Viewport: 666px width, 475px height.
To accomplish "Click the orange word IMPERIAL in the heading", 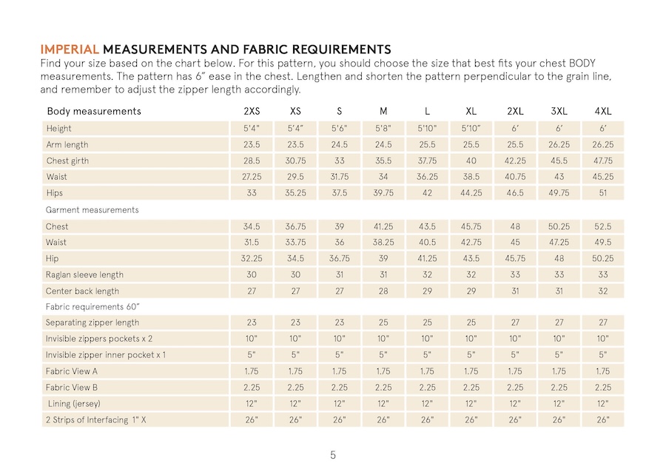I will click(x=70, y=50).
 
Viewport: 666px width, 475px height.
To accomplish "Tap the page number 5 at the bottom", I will click(x=333, y=455).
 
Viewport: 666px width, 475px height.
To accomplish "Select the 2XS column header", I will click(x=251, y=112).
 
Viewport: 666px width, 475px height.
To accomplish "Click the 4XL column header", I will click(x=603, y=112).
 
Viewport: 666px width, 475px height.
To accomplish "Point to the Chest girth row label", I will click(x=68, y=161).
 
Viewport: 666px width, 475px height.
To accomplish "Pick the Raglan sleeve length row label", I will click(x=84, y=274).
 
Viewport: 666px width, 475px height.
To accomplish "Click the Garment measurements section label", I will click(x=92, y=209).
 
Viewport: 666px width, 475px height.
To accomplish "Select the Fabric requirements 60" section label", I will click(x=92, y=306).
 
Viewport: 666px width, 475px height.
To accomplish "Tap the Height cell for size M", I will click(x=383, y=129).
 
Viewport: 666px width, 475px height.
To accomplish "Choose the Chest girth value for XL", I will click(x=471, y=161).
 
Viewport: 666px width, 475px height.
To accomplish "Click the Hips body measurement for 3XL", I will click(x=559, y=193).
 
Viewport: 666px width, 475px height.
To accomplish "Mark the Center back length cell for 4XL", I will click(x=603, y=291).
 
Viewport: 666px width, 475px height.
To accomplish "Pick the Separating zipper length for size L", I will click(x=427, y=323).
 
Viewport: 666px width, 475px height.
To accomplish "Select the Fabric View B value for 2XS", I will click(x=251, y=387).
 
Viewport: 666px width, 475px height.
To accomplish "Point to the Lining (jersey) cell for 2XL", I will click(x=515, y=403).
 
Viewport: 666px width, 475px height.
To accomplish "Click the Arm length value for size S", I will click(x=339, y=145).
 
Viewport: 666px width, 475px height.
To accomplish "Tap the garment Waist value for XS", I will click(x=295, y=242).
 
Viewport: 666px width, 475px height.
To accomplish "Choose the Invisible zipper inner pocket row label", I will click(x=105, y=355).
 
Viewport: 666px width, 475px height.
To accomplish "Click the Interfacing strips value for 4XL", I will click(x=603, y=420).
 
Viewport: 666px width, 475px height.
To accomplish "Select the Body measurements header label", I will click(x=93, y=112).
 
